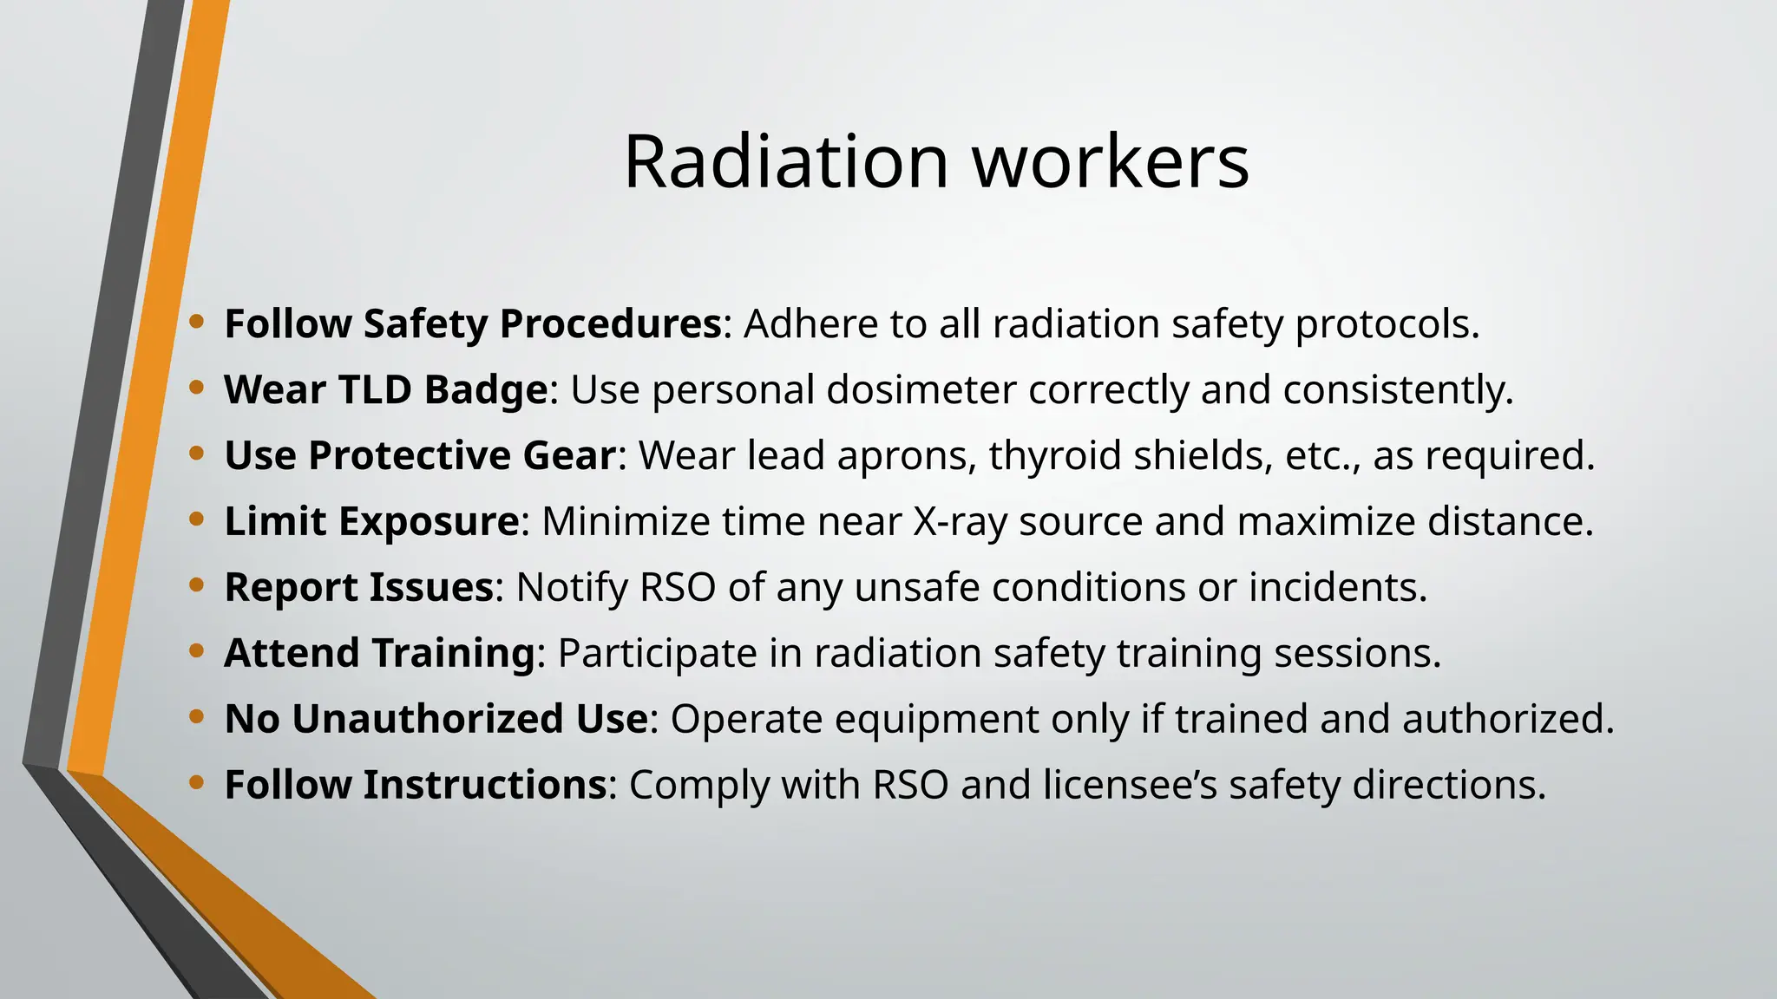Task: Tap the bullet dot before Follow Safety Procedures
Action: pyautogui.click(x=197, y=322)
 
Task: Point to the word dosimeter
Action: pyautogui.click(x=921, y=389)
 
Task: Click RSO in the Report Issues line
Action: pyautogui.click(x=678, y=587)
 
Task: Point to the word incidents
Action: pyautogui.click(x=1337, y=587)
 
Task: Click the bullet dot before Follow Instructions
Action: pyautogui.click(x=197, y=783)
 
